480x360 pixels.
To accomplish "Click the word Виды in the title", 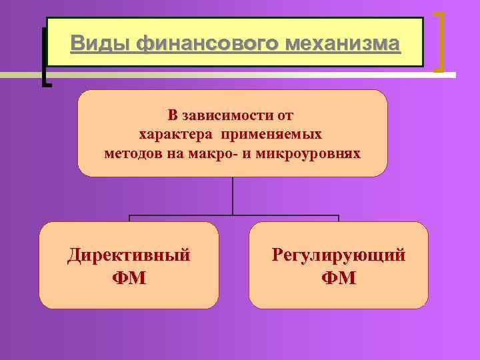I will pos(99,44).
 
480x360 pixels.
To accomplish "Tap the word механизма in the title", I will pos(343,44).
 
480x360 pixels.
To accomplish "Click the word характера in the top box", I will pos(173,135).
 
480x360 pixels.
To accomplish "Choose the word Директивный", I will pos(129,255).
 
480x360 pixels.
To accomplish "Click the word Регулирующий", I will pos(338,255).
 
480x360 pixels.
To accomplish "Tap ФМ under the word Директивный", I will pos(129,277).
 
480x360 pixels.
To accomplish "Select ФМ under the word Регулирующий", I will pos(338,277).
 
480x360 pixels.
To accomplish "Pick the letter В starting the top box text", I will pos(173,116).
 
